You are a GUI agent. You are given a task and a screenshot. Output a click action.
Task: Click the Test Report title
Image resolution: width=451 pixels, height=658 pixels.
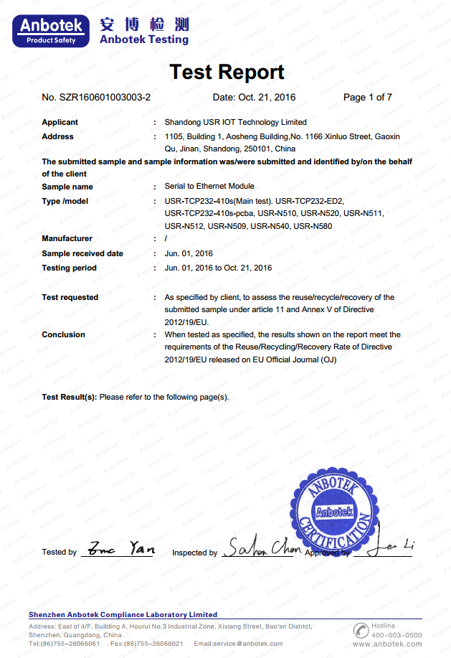click(x=227, y=72)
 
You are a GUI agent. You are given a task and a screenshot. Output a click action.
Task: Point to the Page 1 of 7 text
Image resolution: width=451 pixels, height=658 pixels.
click(x=367, y=98)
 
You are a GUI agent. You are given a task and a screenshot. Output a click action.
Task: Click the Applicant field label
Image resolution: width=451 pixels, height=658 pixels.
click(x=60, y=122)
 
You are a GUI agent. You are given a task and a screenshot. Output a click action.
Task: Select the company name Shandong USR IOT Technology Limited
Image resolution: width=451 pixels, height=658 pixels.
click(x=236, y=122)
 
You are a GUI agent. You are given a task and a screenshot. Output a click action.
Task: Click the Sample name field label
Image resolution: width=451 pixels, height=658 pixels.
click(x=67, y=187)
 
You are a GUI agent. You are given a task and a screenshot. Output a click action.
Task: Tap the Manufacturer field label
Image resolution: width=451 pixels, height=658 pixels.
click(x=67, y=238)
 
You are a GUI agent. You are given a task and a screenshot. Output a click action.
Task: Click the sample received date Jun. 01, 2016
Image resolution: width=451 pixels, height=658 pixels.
click(x=189, y=253)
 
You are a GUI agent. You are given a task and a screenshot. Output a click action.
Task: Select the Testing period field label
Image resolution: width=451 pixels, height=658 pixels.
click(x=69, y=268)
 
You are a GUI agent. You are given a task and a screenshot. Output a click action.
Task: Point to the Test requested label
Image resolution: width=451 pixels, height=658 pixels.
click(x=70, y=297)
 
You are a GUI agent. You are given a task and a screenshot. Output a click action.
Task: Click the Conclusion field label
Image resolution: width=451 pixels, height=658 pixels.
click(x=63, y=334)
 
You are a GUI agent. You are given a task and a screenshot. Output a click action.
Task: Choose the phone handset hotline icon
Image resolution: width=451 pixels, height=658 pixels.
click(x=361, y=630)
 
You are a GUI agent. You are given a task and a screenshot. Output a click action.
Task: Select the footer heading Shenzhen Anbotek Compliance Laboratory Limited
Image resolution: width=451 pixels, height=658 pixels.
click(x=123, y=614)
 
